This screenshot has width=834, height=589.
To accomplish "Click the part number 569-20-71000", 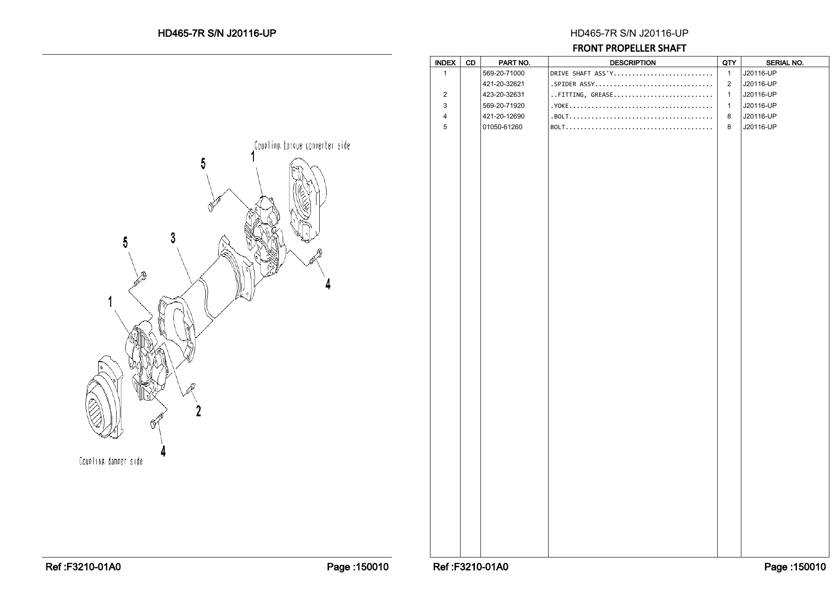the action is coord(504,73).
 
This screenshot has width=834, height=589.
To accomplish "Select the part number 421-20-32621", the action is coord(504,84).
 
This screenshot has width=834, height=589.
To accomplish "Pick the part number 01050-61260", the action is coord(502,127).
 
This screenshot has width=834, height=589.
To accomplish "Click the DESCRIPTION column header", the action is coord(632,63).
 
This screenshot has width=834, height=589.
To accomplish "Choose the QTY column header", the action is coord(729,63).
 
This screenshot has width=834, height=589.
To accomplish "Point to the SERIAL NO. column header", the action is coord(785,63).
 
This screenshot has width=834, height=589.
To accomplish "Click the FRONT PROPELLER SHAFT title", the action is coord(629,48).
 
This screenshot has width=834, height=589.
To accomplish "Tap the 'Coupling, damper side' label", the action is coord(111,461).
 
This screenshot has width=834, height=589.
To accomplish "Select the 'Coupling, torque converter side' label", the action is coord(302,145).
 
